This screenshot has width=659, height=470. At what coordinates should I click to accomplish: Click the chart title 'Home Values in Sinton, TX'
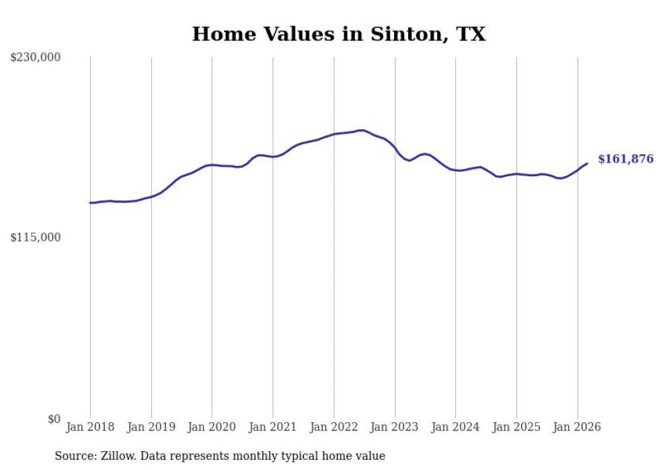tap(338, 34)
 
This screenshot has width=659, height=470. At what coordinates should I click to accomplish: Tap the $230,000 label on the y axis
tap(36, 58)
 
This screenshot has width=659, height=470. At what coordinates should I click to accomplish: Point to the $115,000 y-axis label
tap(36, 237)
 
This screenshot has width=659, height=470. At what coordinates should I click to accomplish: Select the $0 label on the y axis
tap(54, 419)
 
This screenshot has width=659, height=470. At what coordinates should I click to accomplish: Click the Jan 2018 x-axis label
tap(90, 427)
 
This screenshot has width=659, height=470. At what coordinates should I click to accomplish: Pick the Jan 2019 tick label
tap(151, 427)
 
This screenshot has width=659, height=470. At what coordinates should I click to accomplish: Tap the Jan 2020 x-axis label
tap(212, 427)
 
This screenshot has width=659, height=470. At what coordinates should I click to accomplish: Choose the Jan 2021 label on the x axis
tap(273, 427)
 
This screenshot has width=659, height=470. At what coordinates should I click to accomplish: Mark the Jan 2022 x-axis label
tap(334, 427)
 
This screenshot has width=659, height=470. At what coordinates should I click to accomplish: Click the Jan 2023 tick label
tap(395, 427)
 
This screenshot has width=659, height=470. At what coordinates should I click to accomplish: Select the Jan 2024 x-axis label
tap(456, 427)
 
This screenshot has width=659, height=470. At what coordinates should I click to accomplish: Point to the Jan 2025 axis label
tap(516, 427)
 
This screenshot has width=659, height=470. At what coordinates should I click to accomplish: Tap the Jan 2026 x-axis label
tap(578, 427)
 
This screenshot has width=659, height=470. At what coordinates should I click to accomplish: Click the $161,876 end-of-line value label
tap(625, 159)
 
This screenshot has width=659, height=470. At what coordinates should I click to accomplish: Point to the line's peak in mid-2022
tap(362, 130)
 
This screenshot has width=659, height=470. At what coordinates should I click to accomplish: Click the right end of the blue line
tap(587, 163)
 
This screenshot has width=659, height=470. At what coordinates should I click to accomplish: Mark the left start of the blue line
tap(91, 202)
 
